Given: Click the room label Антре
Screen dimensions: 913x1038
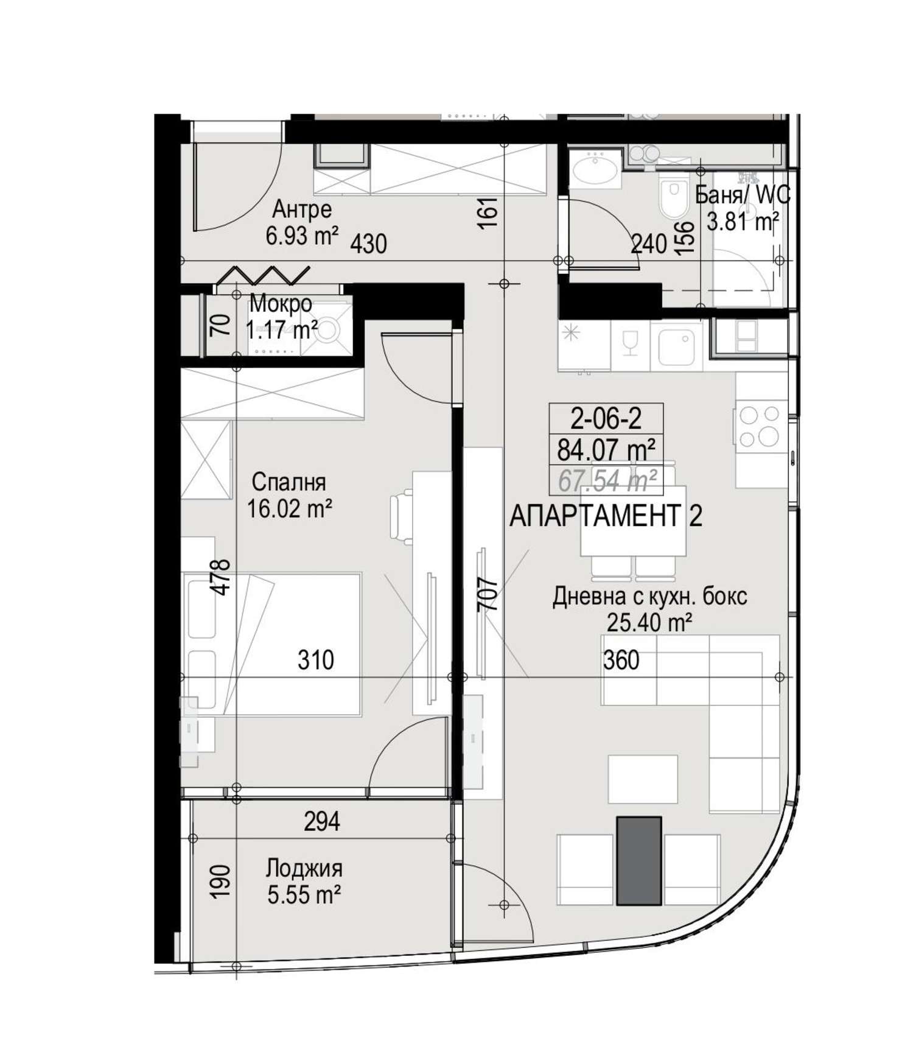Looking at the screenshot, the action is coord(302,209).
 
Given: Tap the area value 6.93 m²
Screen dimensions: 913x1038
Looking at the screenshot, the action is coord(302,235).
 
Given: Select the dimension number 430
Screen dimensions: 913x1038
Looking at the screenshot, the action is coord(369,244).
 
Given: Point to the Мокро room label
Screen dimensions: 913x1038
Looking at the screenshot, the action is coord(281,303).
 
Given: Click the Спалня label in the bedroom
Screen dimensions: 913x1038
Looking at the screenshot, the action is coord(289,482).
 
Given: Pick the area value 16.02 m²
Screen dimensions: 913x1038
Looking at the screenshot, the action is coord(289,508).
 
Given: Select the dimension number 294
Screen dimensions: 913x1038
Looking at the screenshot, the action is coord(322,822).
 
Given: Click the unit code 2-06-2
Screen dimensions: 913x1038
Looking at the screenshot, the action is coord(606,418).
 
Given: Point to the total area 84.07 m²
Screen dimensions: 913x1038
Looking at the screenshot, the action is coord(606,451).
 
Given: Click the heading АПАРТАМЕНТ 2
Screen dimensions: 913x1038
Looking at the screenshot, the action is coord(606,517).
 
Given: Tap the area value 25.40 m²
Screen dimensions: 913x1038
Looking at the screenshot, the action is coord(649,623).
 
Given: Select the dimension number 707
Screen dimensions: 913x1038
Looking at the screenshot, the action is coord(489,594).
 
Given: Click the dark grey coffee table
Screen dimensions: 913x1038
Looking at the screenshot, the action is coord(638,861).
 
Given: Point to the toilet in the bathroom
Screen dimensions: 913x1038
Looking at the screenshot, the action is coord(671,198).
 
